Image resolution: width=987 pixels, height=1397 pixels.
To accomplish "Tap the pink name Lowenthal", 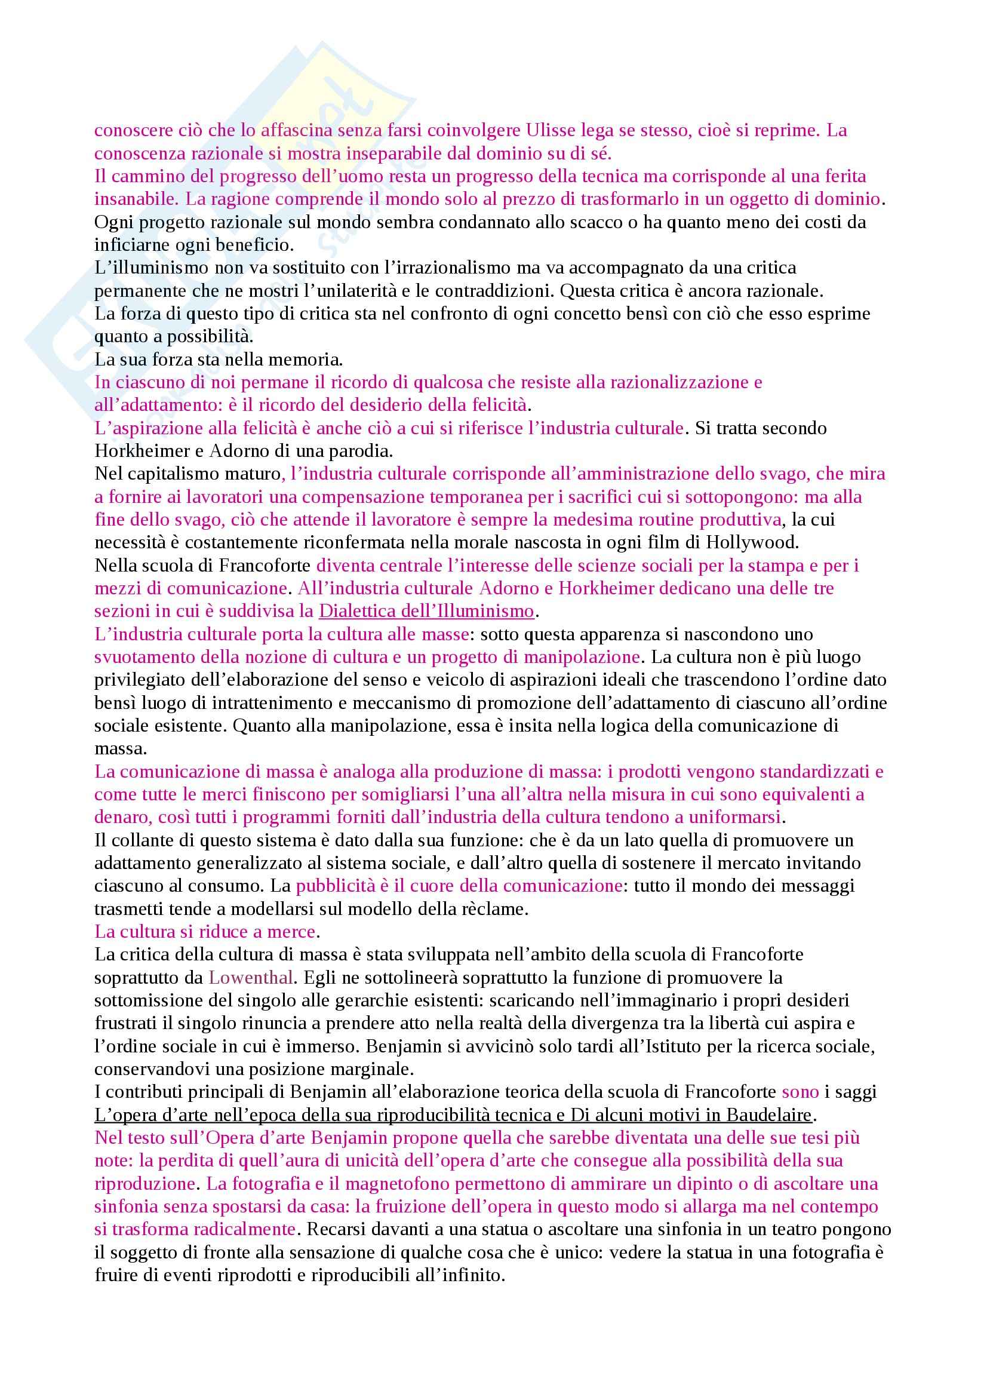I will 251,978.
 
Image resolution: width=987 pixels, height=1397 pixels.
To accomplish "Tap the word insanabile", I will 135,199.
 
